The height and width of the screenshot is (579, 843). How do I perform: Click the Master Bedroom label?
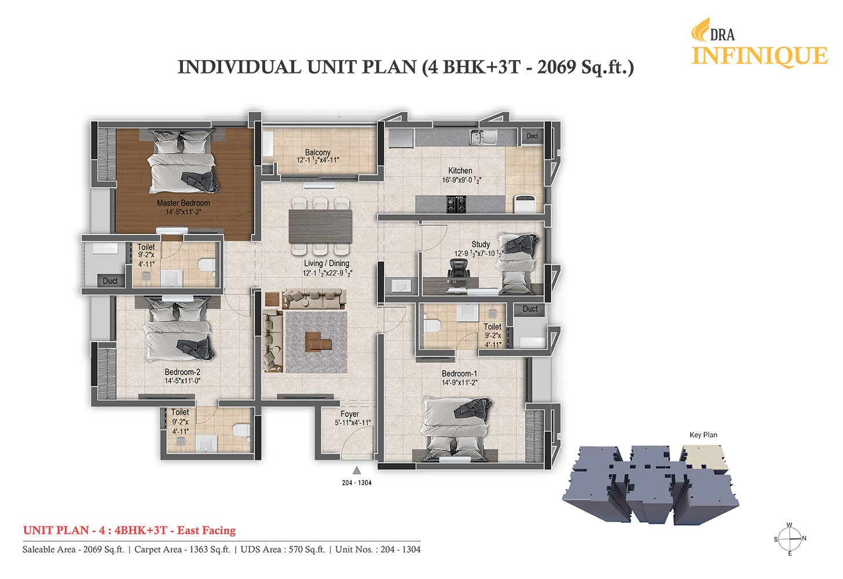(x=184, y=203)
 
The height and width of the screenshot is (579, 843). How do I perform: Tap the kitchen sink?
(x=483, y=137)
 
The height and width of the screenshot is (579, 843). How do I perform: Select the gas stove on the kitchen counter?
(x=456, y=204)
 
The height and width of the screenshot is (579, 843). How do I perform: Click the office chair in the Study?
(x=459, y=270)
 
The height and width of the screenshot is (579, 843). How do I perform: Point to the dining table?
(x=320, y=226)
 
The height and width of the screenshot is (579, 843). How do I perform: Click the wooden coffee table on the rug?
(x=318, y=342)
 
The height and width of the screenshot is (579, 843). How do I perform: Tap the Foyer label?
(x=350, y=414)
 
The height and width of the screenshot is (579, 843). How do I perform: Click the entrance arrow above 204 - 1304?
(x=357, y=470)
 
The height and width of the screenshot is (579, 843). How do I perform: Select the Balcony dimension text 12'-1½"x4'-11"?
(x=318, y=160)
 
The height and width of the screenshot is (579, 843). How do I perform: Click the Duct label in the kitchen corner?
(x=532, y=136)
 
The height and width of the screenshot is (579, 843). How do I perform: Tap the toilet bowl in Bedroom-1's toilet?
(x=432, y=325)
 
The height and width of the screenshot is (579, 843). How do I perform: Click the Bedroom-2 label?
(x=182, y=372)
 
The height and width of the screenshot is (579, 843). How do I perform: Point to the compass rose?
(x=790, y=539)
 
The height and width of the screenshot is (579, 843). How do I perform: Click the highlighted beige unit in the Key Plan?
(x=705, y=457)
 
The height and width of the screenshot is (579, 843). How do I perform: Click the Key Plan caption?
(x=703, y=435)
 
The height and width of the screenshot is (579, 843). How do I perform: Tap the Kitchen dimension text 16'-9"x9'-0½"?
(x=461, y=180)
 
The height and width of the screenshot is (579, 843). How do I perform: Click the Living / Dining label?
(x=327, y=263)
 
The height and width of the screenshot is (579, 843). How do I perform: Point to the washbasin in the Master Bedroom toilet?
(x=171, y=278)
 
